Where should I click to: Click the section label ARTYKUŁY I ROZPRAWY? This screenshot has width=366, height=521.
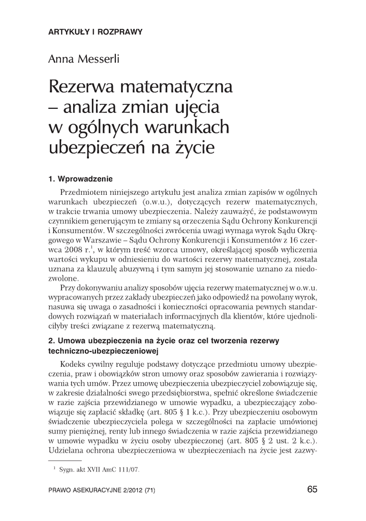pyautogui.click(x=95, y=32)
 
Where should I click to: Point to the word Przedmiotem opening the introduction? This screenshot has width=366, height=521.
pyautogui.click(x=83, y=192)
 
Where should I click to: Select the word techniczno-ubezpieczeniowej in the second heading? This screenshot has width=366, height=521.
pyautogui.click(x=104, y=351)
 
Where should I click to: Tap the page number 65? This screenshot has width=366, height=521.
pyautogui.click(x=312, y=489)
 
